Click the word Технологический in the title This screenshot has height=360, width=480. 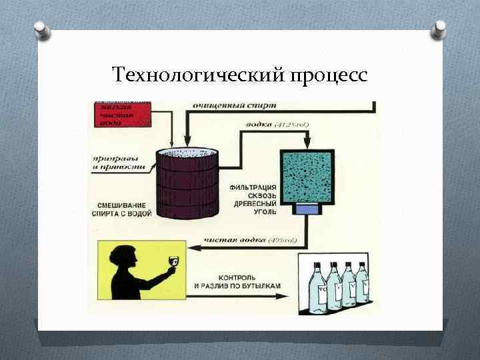point(198,75)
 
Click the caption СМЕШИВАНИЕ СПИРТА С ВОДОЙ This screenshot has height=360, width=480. point(121,209)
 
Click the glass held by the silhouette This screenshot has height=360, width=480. point(172,261)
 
